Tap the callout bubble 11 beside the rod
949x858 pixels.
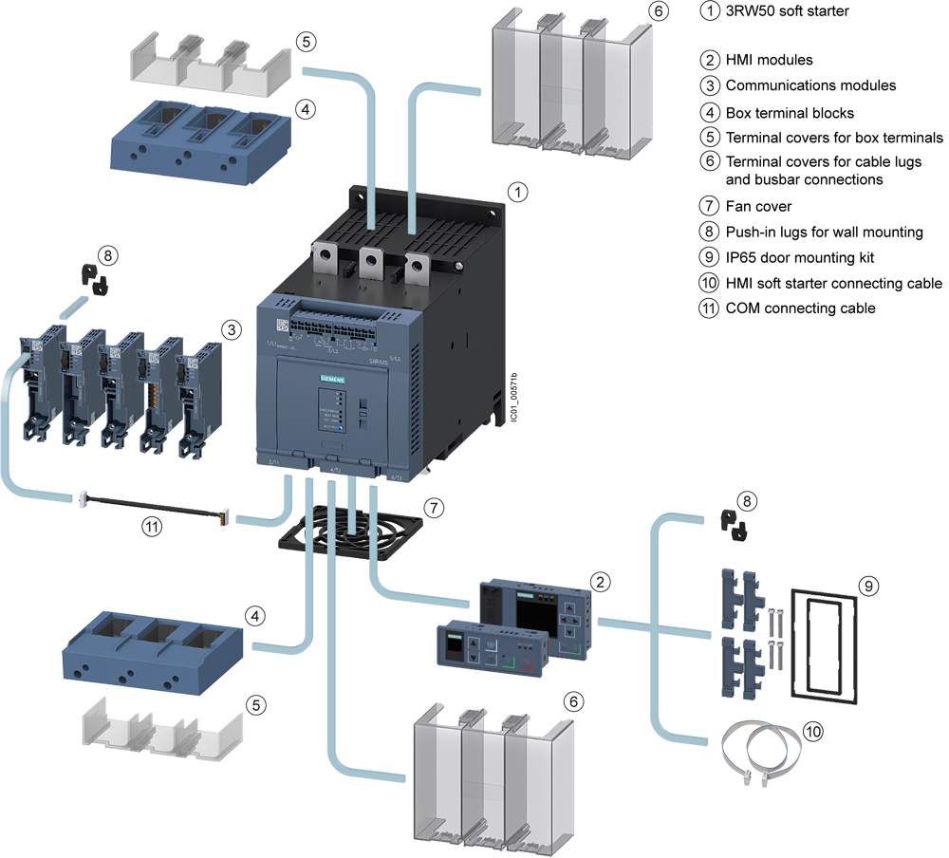pos(153,529)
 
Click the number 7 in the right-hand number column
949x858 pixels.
pos(709,205)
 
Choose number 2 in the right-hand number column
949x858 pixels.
pos(709,60)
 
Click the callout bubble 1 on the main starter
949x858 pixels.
pos(518,192)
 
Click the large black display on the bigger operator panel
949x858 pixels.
pos(530,614)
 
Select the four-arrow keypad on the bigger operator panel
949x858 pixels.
pos(571,622)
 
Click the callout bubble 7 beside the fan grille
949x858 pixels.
pos(433,508)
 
